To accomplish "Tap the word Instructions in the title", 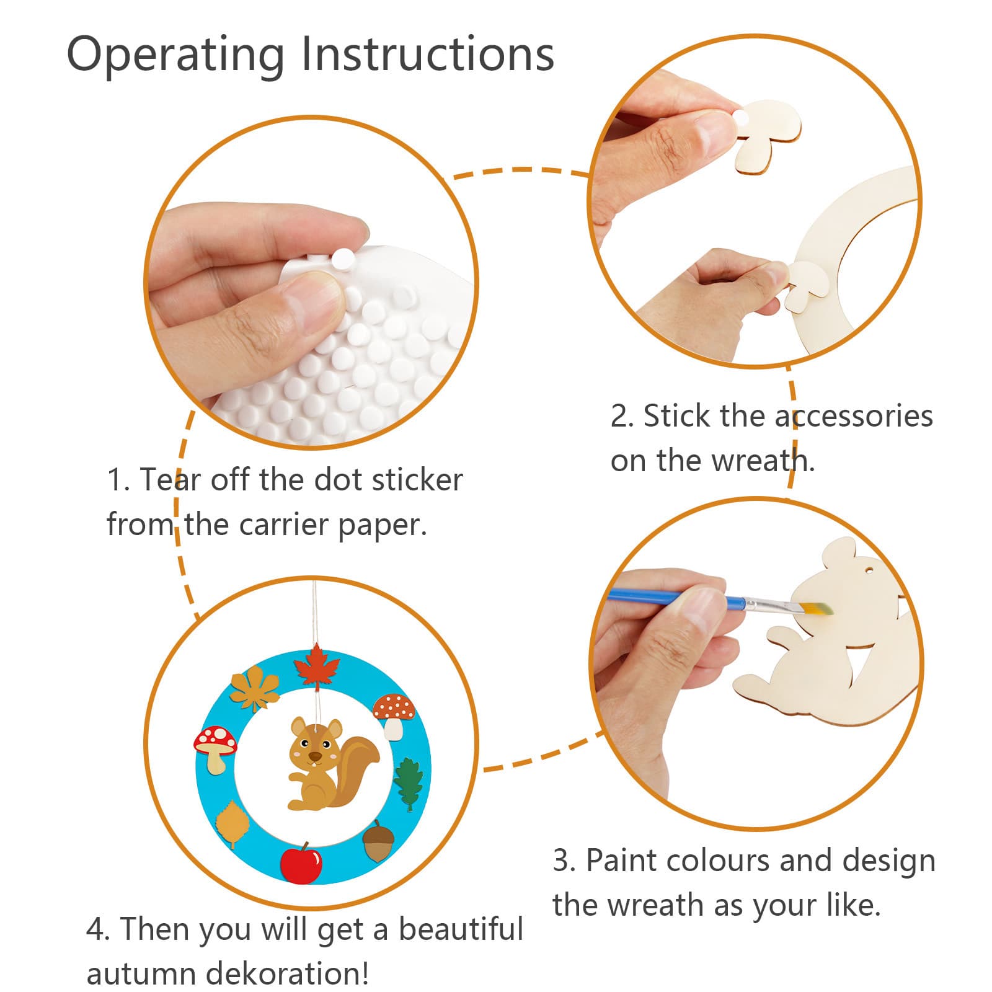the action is (x=427, y=55).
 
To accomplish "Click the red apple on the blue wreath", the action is (x=301, y=862).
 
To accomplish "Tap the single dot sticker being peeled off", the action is (x=342, y=257).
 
